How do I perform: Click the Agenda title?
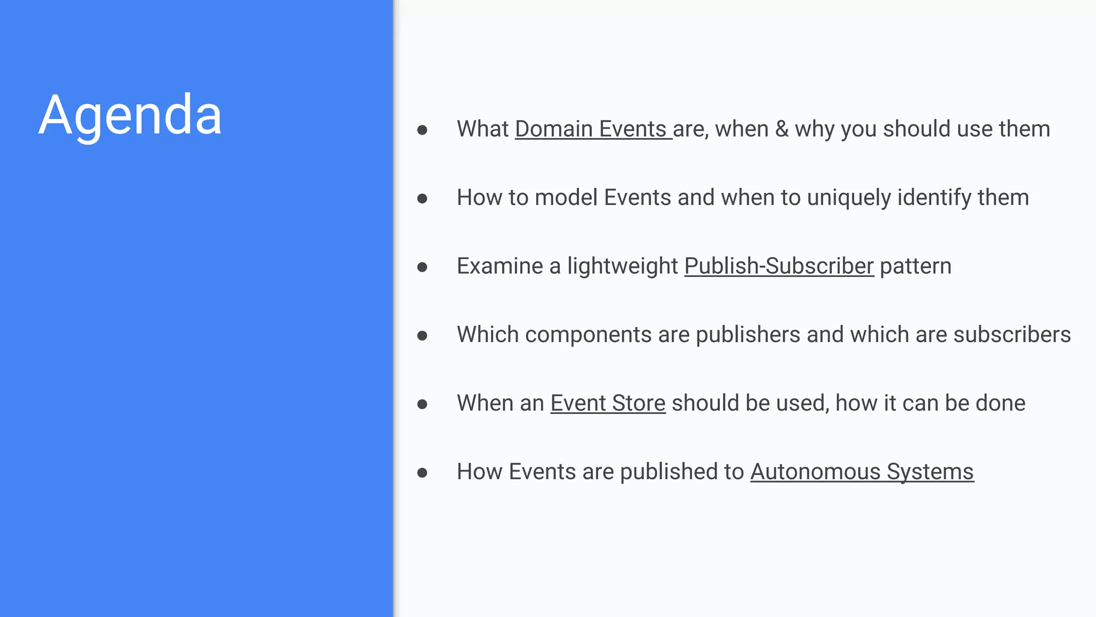pos(130,115)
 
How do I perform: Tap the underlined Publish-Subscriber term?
pos(779,266)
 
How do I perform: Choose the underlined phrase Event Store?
pos(607,403)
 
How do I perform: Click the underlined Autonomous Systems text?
pos(862,472)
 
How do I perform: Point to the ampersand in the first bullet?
pos(782,129)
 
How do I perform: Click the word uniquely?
pos(849,198)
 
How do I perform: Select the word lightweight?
pos(622,266)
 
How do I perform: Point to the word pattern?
pos(916,266)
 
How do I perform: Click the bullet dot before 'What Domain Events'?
pos(422,130)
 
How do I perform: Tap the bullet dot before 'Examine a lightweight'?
pos(422,267)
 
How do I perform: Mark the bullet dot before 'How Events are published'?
pos(422,473)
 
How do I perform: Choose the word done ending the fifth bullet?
pos(1000,403)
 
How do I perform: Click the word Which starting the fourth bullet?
pos(488,335)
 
